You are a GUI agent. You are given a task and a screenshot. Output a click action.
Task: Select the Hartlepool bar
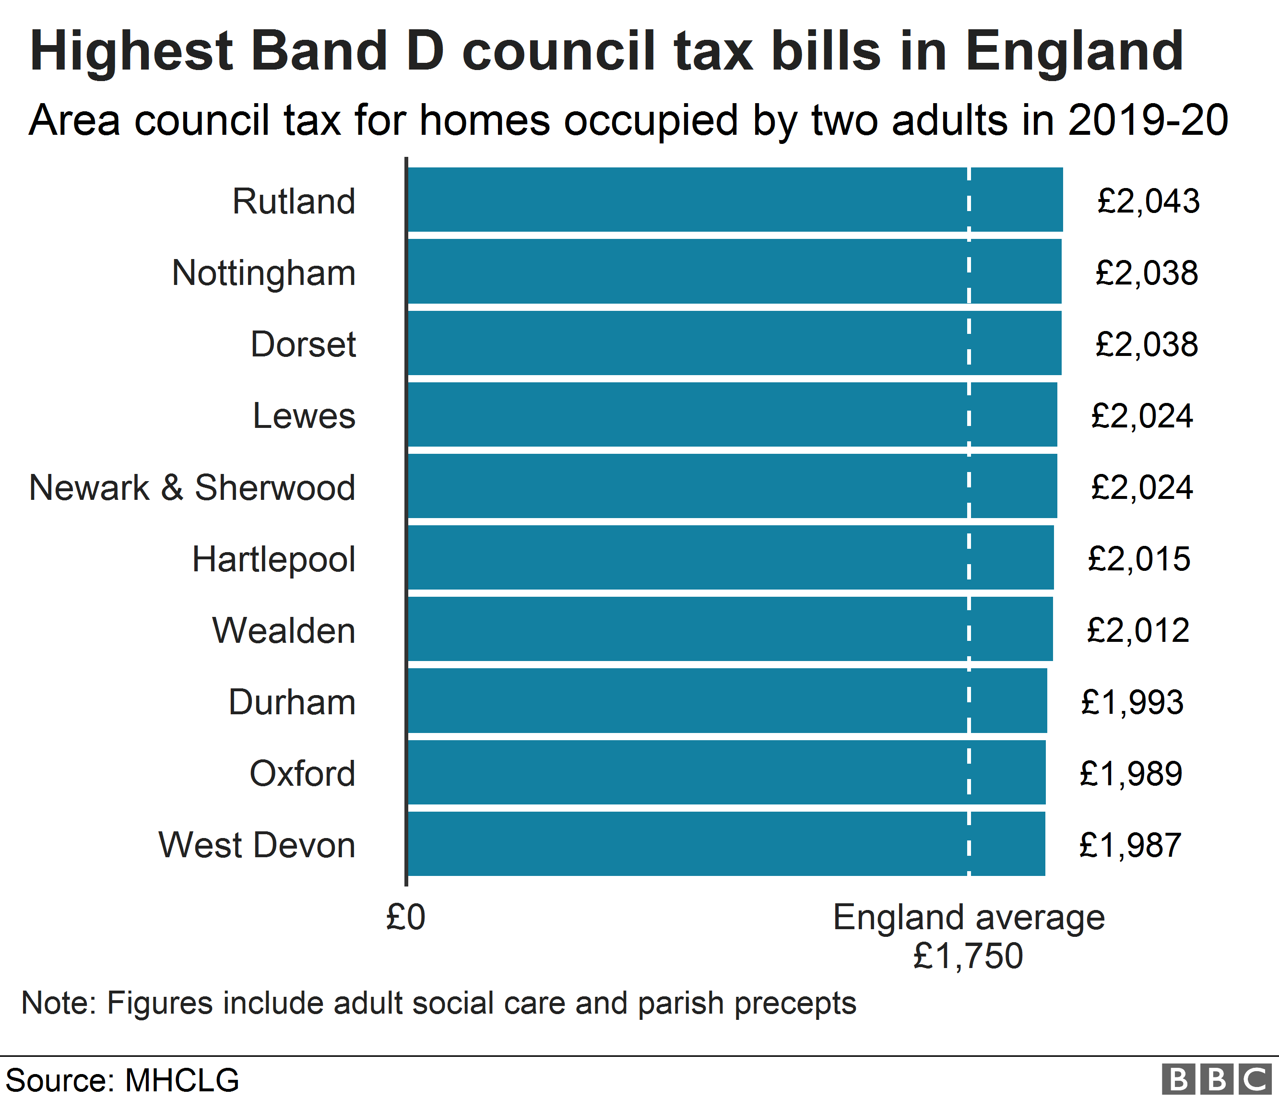pyautogui.click(x=730, y=557)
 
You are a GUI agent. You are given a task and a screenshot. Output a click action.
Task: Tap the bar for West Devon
pyautogui.click(x=726, y=843)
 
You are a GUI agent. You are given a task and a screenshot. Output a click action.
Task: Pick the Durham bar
pyautogui.click(x=727, y=700)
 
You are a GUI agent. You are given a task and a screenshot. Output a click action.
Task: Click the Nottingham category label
pyautogui.click(x=263, y=273)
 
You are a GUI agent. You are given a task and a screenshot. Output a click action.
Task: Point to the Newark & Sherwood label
pyautogui.click(x=192, y=487)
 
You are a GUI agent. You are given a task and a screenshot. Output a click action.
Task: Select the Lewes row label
pyautogui.click(x=304, y=416)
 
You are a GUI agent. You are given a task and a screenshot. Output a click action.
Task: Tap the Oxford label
pyautogui.click(x=302, y=773)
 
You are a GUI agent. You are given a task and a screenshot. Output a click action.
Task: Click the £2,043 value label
pyautogui.click(x=1148, y=201)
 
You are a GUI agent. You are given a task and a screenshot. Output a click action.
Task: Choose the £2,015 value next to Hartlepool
pyautogui.click(x=1139, y=559)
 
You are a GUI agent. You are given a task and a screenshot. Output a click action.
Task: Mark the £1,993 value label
pyautogui.click(x=1132, y=702)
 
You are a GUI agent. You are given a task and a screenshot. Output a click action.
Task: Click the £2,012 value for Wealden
pyautogui.click(x=1137, y=631)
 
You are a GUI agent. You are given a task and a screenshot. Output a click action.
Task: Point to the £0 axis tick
pyautogui.click(x=405, y=917)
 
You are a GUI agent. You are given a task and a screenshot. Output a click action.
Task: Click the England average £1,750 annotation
pyautogui.click(x=968, y=936)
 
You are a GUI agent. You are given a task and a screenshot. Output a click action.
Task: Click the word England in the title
pyautogui.click(x=1074, y=51)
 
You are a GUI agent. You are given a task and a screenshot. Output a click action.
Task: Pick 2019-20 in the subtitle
pyautogui.click(x=1148, y=120)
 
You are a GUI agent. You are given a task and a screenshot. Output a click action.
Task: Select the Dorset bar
pyautogui.click(x=734, y=343)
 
